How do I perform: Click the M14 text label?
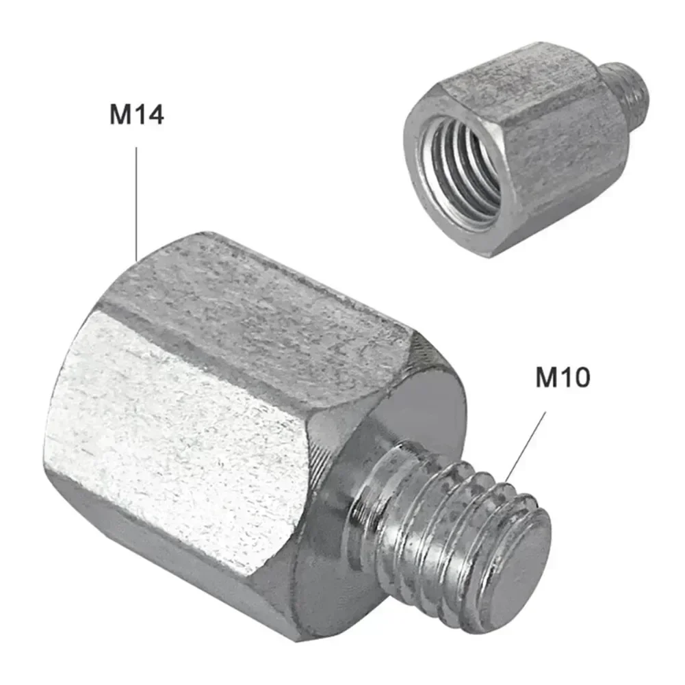(x=137, y=114)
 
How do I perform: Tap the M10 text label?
(x=562, y=377)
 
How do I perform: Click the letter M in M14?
(x=120, y=114)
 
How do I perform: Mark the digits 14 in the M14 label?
(x=150, y=114)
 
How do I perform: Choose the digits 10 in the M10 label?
(x=576, y=377)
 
